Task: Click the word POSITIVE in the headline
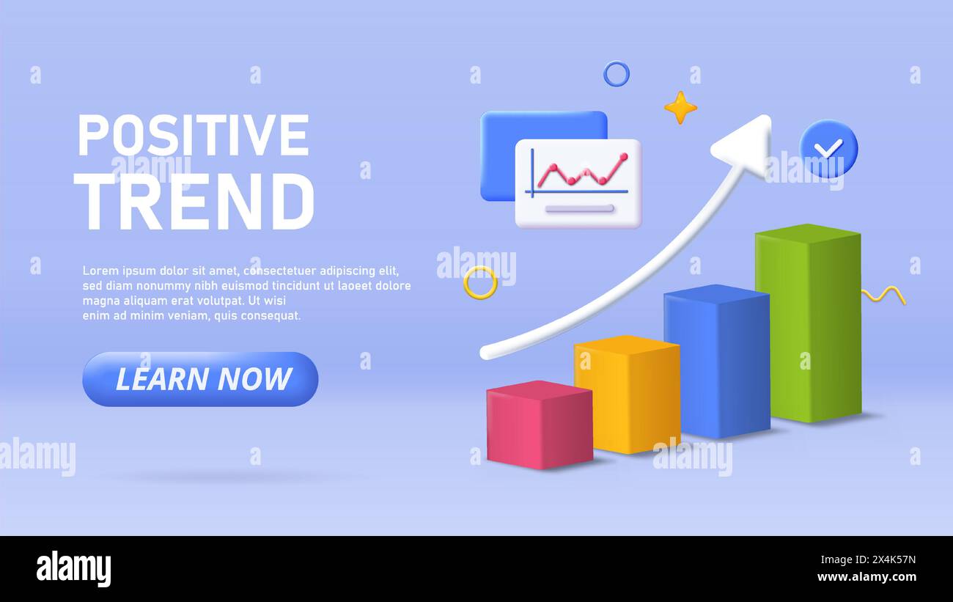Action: [x=193, y=136]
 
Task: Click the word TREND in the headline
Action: [x=194, y=202]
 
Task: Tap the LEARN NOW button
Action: [x=200, y=379]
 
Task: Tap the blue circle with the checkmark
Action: [x=828, y=148]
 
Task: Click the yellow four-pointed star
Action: [x=680, y=108]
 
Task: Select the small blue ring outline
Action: [x=616, y=74]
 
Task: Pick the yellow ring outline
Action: [x=480, y=282]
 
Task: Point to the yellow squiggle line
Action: [x=883, y=295]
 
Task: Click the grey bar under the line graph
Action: [x=579, y=209]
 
